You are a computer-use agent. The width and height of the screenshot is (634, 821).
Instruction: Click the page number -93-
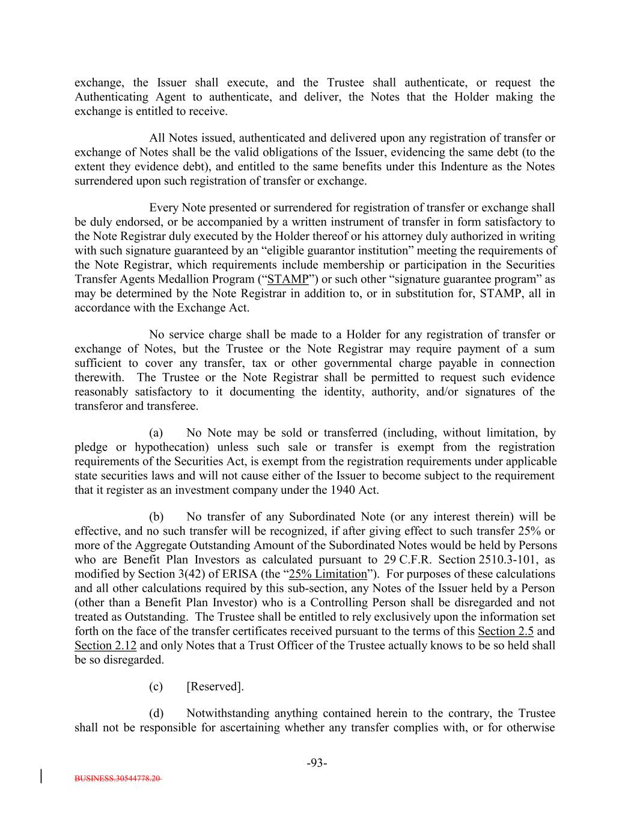(317, 763)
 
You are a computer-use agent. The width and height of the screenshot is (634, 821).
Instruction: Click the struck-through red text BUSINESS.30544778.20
(118, 778)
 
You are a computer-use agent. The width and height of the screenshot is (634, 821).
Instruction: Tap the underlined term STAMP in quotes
(288, 279)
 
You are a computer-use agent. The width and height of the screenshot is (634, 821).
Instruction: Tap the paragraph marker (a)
(156, 432)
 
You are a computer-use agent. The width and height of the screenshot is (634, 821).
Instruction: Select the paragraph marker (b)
(156, 517)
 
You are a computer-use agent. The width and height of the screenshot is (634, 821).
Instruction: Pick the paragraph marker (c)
(156, 687)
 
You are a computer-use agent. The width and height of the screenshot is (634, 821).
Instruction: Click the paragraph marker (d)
(156, 713)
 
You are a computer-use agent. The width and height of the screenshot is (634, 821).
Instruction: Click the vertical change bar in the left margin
(41, 775)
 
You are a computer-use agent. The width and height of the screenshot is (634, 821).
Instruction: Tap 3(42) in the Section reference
(196, 574)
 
